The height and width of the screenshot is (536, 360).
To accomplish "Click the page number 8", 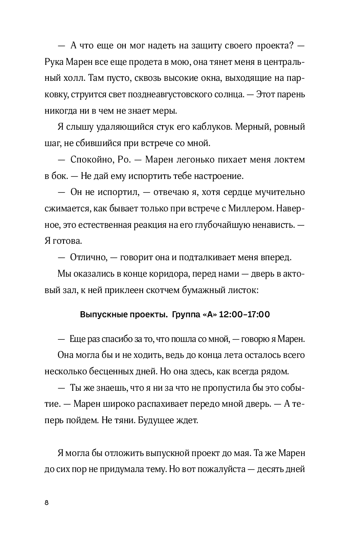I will click(47, 502).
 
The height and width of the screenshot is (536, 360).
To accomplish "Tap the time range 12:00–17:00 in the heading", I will click(245, 314).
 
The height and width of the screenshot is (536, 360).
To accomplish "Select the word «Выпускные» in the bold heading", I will click(101, 314).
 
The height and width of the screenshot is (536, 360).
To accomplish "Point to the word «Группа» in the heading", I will click(185, 314).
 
